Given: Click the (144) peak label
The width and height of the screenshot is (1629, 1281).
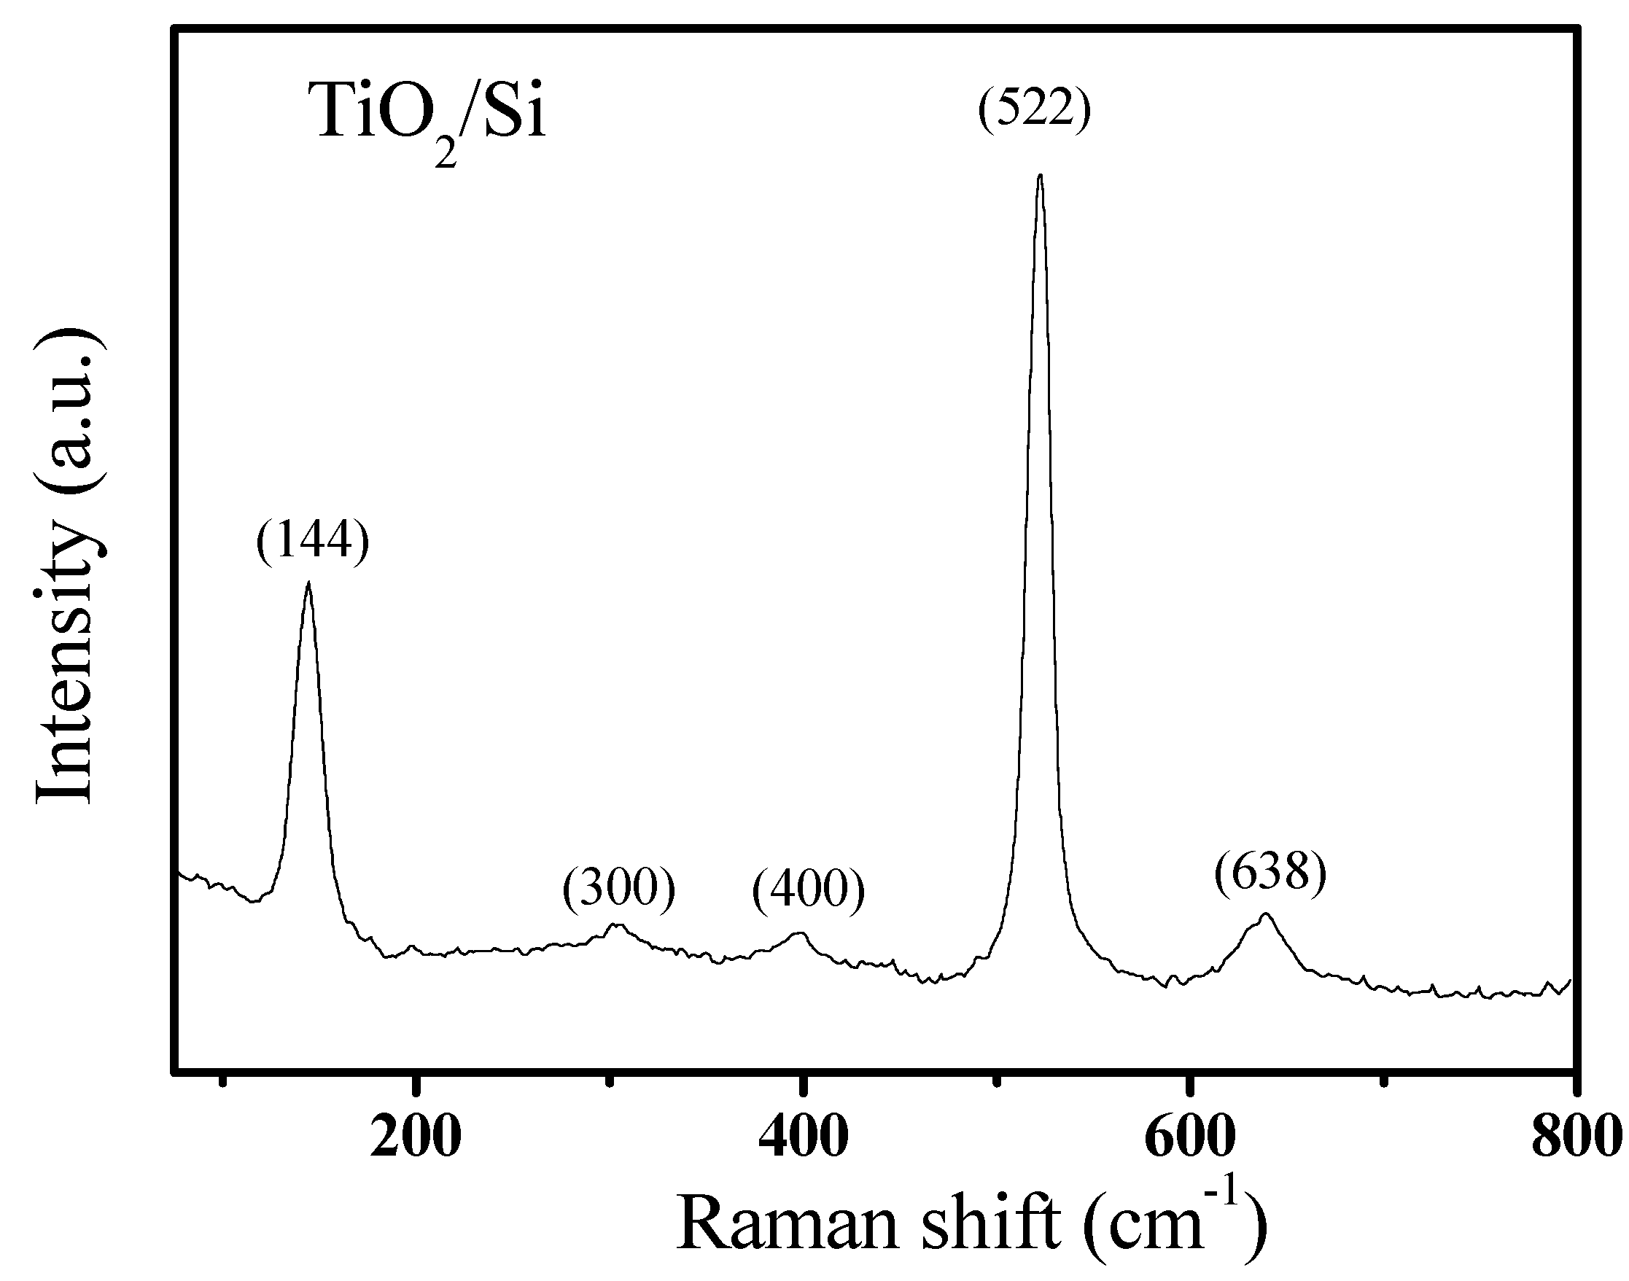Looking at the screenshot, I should pyautogui.click(x=313, y=540).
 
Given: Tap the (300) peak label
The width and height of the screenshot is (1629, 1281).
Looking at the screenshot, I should pyautogui.click(x=619, y=889).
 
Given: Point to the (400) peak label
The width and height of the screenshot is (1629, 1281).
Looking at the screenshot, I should pyautogui.click(x=809, y=889).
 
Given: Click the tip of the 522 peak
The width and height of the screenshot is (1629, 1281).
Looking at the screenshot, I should pyautogui.click(x=1040, y=176).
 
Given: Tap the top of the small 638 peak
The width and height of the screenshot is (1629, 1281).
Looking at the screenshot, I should pyautogui.click(x=1266, y=914).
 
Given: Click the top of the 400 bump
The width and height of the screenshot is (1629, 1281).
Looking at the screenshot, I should pyautogui.click(x=800, y=934).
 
